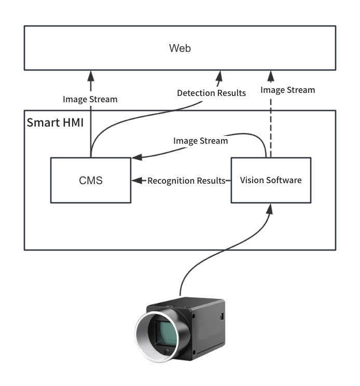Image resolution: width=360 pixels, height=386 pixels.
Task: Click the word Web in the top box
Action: (x=180, y=48)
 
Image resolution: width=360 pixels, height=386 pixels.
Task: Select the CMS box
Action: (x=91, y=181)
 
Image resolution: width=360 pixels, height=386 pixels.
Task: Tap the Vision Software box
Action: (x=270, y=180)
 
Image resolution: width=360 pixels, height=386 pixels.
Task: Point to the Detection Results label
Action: (x=211, y=93)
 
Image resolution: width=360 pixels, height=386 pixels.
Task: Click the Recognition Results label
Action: (x=186, y=181)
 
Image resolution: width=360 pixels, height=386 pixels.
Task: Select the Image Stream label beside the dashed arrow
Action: (x=287, y=90)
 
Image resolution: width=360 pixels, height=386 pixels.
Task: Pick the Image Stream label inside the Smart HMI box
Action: (x=200, y=141)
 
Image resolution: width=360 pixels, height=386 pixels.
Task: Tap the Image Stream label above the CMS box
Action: (x=90, y=99)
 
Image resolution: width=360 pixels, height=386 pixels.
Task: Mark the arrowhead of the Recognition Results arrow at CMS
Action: (x=136, y=181)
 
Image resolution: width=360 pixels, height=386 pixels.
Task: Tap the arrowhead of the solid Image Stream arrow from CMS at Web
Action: (x=91, y=76)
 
